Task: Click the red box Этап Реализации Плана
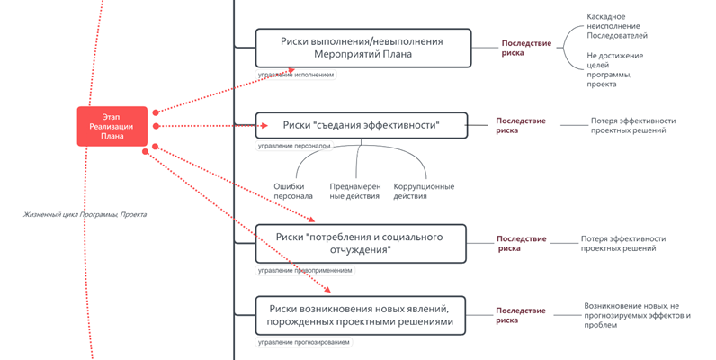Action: point(112,126)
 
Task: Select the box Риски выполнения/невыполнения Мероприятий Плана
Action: point(362,48)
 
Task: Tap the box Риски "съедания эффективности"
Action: point(361,125)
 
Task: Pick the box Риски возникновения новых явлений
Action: point(359,315)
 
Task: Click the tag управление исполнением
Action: point(296,76)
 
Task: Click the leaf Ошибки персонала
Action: point(293,192)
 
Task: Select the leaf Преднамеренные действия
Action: point(354,192)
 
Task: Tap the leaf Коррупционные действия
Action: point(424,192)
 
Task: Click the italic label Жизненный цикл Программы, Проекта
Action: point(85,214)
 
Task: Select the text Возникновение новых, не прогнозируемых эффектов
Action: point(637,315)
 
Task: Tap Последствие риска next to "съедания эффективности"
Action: point(521,125)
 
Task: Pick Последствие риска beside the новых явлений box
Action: point(521,315)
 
